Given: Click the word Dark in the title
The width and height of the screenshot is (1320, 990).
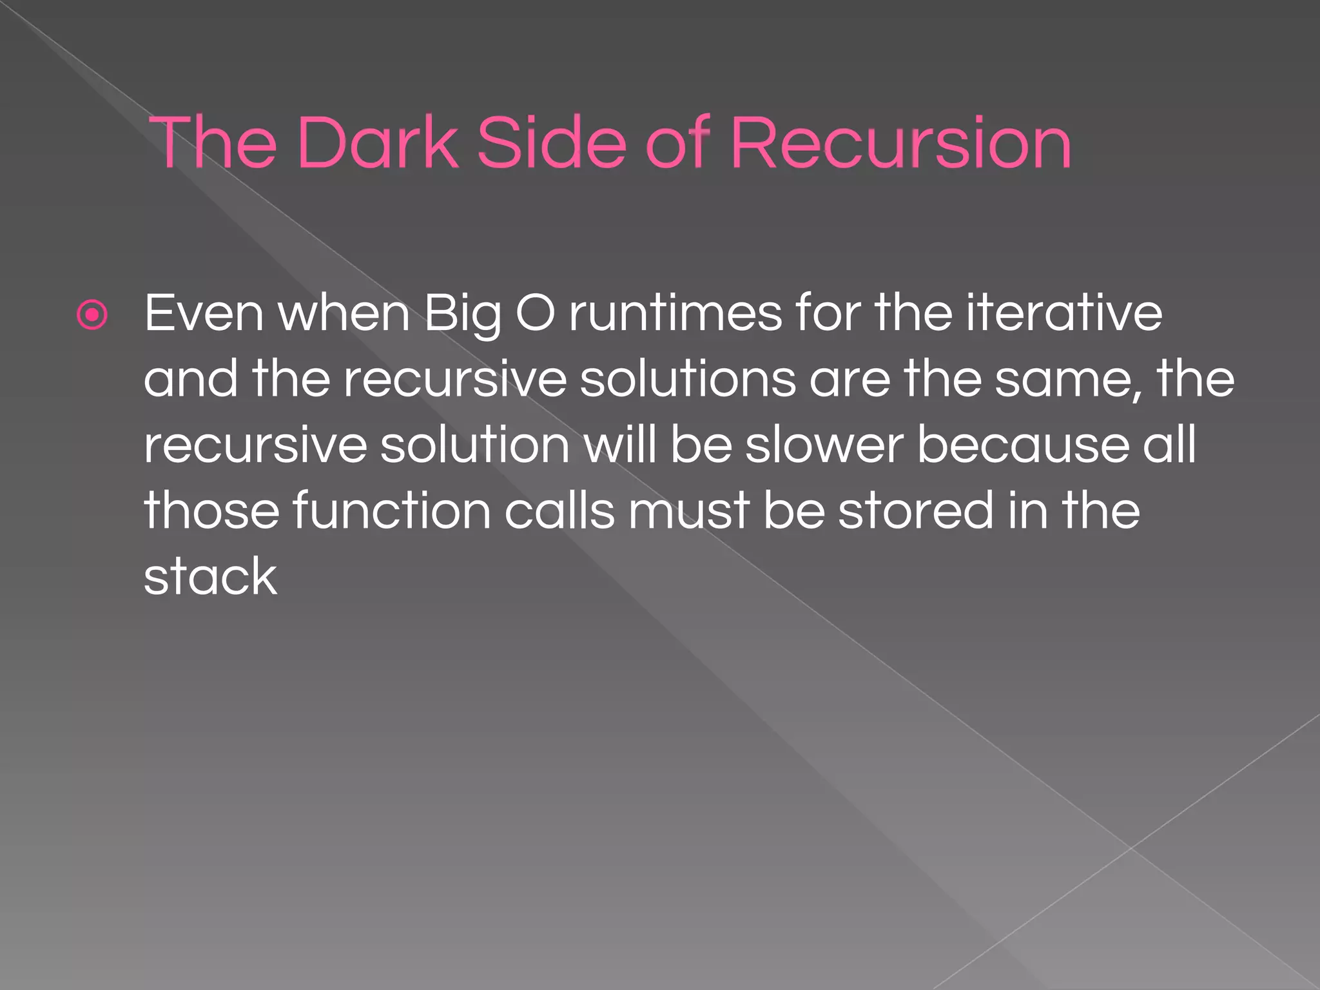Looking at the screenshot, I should point(376,142).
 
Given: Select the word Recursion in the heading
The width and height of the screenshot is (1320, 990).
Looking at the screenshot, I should point(901,142).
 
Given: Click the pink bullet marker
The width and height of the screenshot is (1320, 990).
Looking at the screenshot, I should point(92,315).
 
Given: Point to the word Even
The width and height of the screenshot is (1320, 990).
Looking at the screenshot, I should point(204,314).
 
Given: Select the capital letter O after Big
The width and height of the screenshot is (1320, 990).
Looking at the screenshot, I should point(535,314).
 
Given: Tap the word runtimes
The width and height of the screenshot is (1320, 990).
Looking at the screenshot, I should point(675,314).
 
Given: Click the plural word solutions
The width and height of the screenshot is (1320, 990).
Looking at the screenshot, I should point(687,380).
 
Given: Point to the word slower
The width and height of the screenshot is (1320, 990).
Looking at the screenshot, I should point(824,445).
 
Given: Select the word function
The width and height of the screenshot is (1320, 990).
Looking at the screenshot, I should point(392,510).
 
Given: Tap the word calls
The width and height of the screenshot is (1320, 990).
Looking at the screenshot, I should point(559,510).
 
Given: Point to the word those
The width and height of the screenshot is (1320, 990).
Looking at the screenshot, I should point(211,510).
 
